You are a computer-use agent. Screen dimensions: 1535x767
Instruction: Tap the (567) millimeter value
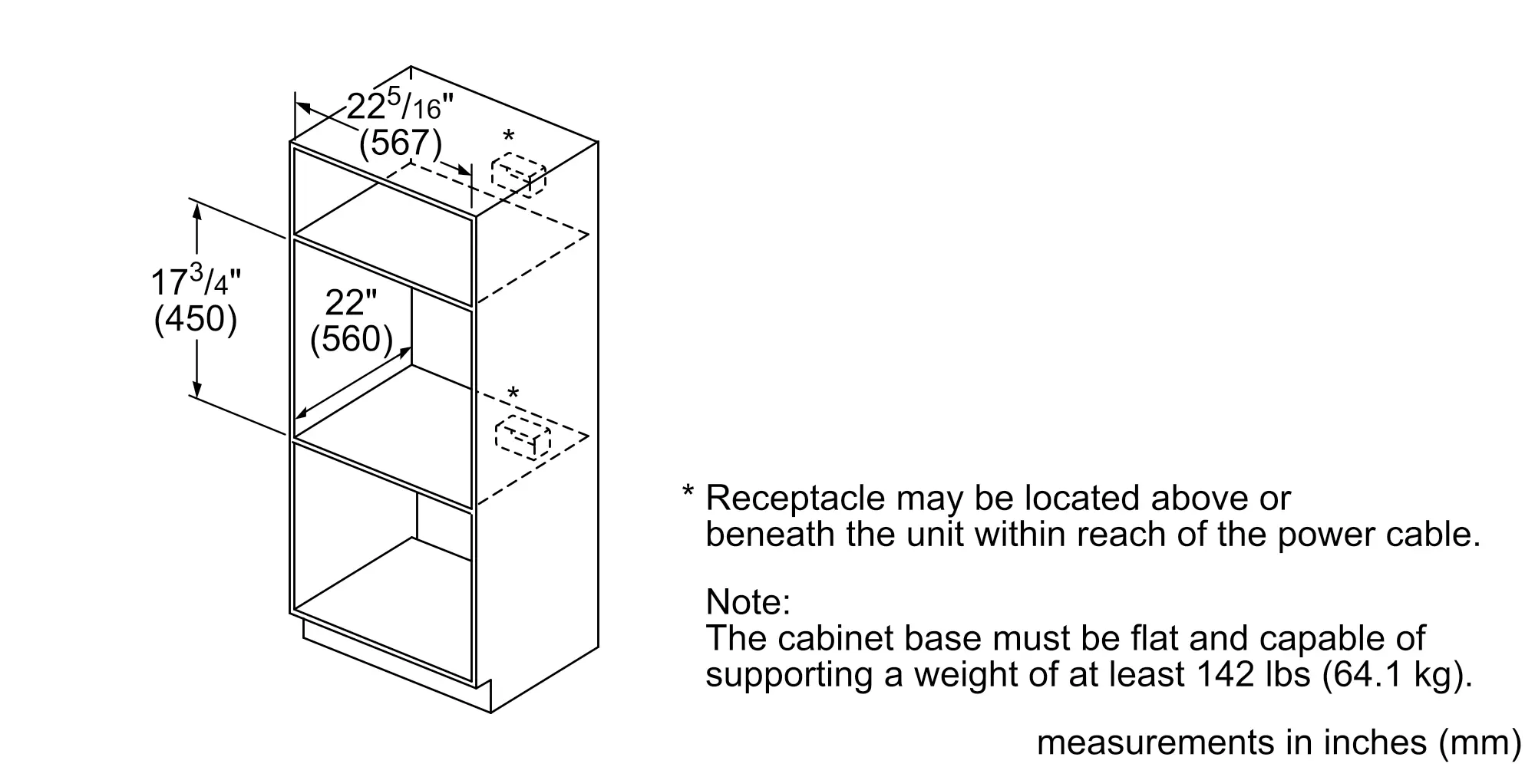point(401,143)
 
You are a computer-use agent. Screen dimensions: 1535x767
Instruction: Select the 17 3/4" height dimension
point(196,281)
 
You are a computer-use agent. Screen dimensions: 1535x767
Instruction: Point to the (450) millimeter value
point(196,318)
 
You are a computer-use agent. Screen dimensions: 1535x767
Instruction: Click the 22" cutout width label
point(351,302)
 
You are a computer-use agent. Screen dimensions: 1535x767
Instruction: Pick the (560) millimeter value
point(352,339)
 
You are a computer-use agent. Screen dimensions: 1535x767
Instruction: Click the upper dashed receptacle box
point(519,175)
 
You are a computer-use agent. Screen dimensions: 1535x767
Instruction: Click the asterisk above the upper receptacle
point(508,138)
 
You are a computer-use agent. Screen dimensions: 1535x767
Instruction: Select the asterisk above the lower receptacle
point(513,394)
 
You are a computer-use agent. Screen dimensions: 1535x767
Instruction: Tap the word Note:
point(748,602)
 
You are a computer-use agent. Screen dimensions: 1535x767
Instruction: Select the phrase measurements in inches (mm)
point(1279,742)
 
